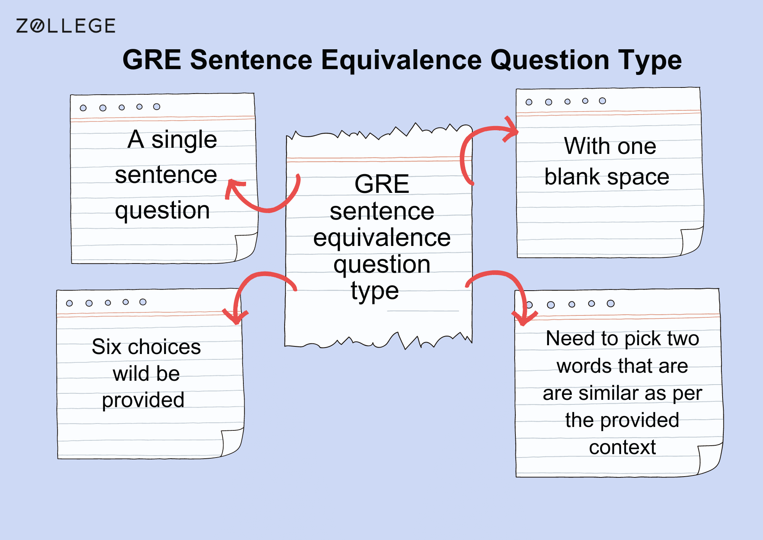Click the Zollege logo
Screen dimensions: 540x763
(x=66, y=26)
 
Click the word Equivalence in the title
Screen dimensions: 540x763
(x=401, y=60)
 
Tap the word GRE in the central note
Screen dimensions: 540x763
(x=381, y=184)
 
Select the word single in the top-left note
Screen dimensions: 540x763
(x=184, y=140)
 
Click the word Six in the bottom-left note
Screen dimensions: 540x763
(x=106, y=347)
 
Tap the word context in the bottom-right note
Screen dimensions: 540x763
(x=622, y=447)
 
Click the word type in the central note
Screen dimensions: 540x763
(x=375, y=291)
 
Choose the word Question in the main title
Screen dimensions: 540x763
(x=550, y=60)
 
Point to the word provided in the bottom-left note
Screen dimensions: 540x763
(x=143, y=400)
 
